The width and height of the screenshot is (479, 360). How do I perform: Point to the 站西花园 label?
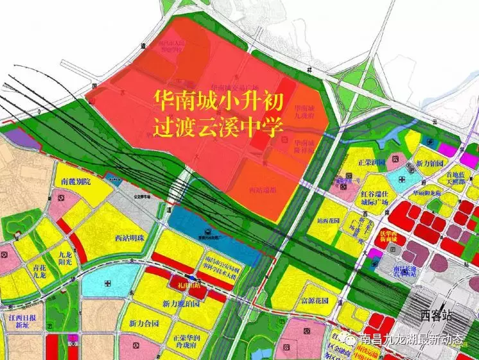(329, 220)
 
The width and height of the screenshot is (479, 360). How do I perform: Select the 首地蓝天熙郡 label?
(454, 177)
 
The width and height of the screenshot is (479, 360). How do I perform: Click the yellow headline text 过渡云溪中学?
(218, 126)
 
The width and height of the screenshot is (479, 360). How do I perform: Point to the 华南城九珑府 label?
(304, 113)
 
